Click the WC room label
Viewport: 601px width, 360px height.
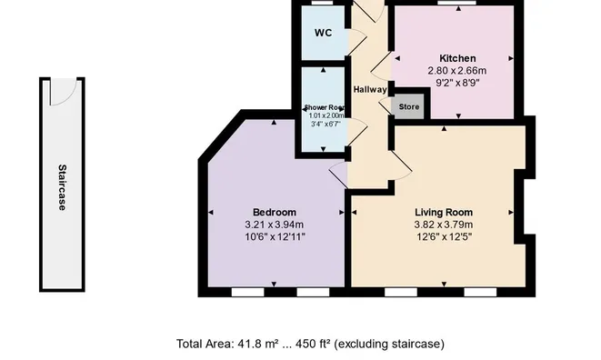323,34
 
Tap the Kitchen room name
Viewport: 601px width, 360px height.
452,58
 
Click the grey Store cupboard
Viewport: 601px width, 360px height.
409,106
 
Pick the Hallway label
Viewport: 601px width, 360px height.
371,89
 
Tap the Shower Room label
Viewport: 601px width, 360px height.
325,107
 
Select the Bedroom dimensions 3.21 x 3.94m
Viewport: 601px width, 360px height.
274,225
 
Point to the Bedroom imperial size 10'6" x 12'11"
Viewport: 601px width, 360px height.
274,236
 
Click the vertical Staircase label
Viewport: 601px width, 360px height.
62,186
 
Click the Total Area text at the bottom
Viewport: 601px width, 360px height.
310,344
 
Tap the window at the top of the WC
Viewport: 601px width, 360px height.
323,4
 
